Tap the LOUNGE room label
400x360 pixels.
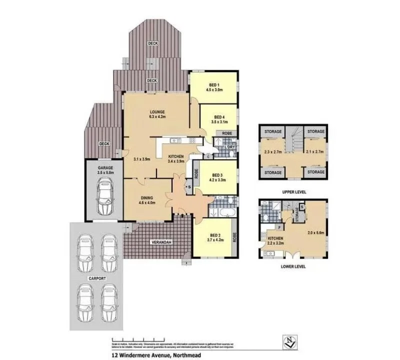[x=156, y=111]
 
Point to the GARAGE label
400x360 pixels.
[x=105, y=168]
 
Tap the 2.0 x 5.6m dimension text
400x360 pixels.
[x=316, y=232]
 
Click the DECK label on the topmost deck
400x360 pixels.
[x=153, y=43]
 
